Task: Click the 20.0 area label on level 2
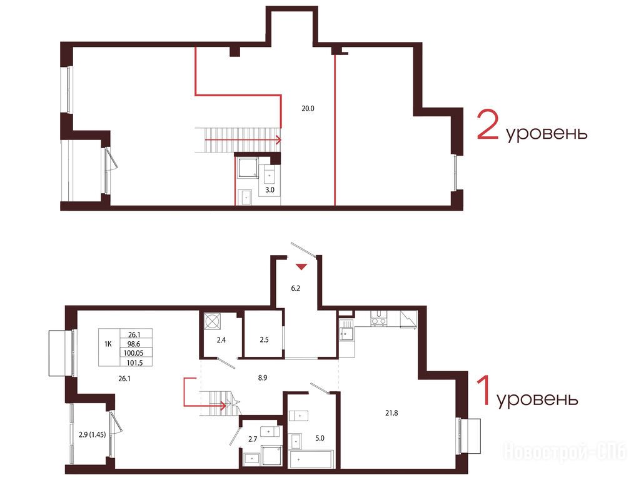pyautogui.click(x=308, y=109)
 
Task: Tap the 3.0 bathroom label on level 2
pyautogui.click(x=270, y=190)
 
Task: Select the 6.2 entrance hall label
pyautogui.click(x=295, y=289)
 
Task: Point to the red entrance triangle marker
pyautogui.click(x=301, y=267)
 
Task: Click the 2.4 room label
pyautogui.click(x=221, y=341)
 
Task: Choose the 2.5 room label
pyautogui.click(x=264, y=340)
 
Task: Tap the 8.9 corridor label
pyautogui.click(x=263, y=378)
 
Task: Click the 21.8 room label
pyautogui.click(x=391, y=414)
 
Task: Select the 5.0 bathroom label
pyautogui.click(x=320, y=438)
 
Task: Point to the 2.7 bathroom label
pyautogui.click(x=253, y=439)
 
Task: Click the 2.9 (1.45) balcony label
pyautogui.click(x=92, y=434)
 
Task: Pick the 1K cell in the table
pyautogui.click(x=108, y=344)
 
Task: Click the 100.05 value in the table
pyautogui.click(x=133, y=353)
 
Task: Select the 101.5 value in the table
pyautogui.click(x=134, y=363)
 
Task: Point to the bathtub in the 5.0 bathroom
pyautogui.click(x=311, y=459)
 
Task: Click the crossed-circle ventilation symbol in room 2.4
pyautogui.click(x=213, y=321)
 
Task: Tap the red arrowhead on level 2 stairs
pyautogui.click(x=278, y=140)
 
